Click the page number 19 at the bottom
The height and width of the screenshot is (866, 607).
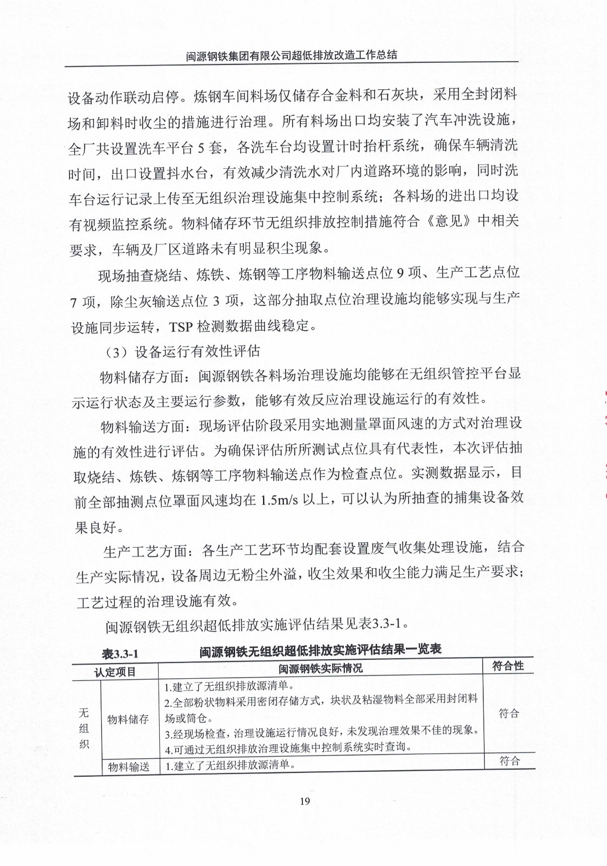tap(304, 801)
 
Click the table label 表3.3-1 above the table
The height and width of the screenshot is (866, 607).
tap(120, 654)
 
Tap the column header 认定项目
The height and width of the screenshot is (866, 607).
tap(115, 672)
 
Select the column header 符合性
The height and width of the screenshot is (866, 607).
tap(508, 666)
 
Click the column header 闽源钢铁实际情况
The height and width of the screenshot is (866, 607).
tap(321, 668)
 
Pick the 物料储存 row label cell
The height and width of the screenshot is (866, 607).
tap(128, 719)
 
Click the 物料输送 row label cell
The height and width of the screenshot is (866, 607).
tap(129, 767)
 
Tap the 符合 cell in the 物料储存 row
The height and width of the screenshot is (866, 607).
tap(509, 713)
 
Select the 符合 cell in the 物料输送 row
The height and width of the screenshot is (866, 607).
tap(510, 761)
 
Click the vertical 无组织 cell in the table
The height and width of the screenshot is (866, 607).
tap(84, 728)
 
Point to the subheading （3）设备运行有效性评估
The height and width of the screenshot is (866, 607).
tap(182, 352)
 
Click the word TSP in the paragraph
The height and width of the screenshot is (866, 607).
tap(181, 326)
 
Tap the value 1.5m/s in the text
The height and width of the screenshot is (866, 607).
tap(279, 500)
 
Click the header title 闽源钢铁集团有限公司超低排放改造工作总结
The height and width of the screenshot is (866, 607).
tap(292, 55)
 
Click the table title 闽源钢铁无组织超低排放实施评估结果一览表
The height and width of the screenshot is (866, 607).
tap(321, 650)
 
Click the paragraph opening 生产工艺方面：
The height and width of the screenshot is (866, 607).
tap(148, 552)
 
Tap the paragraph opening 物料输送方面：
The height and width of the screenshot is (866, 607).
tap(145, 427)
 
